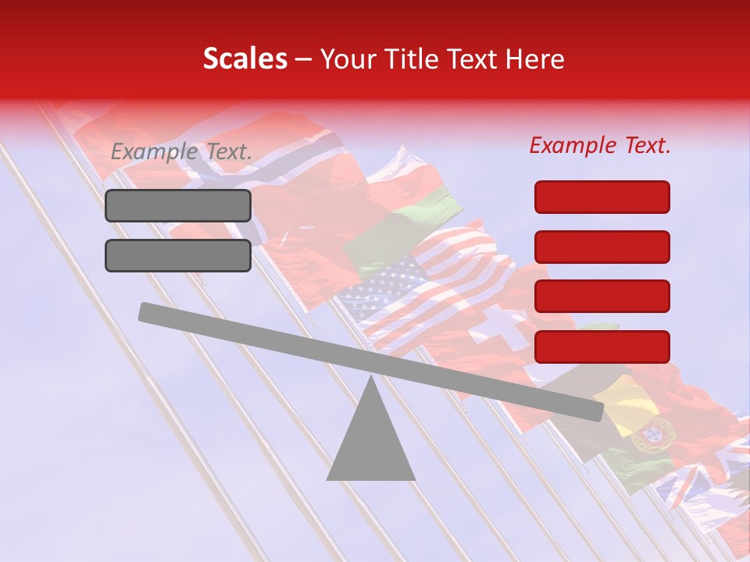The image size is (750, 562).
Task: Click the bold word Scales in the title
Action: [x=245, y=59]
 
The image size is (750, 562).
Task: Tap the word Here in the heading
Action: [x=535, y=59]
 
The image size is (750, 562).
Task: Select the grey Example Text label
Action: [x=181, y=152]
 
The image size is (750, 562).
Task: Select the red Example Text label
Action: [x=600, y=145]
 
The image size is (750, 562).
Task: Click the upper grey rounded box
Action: [x=178, y=205]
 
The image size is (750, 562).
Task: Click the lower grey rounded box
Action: [x=178, y=255]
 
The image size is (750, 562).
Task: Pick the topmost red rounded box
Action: [x=602, y=197]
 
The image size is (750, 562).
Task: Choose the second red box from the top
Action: [x=602, y=247]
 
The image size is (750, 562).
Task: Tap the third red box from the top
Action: [x=602, y=296]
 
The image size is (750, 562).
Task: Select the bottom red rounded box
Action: [x=602, y=347]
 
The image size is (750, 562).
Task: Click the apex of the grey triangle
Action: [x=371, y=380]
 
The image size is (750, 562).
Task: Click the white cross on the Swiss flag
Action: [x=500, y=328]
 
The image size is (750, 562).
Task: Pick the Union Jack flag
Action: [x=703, y=476]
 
